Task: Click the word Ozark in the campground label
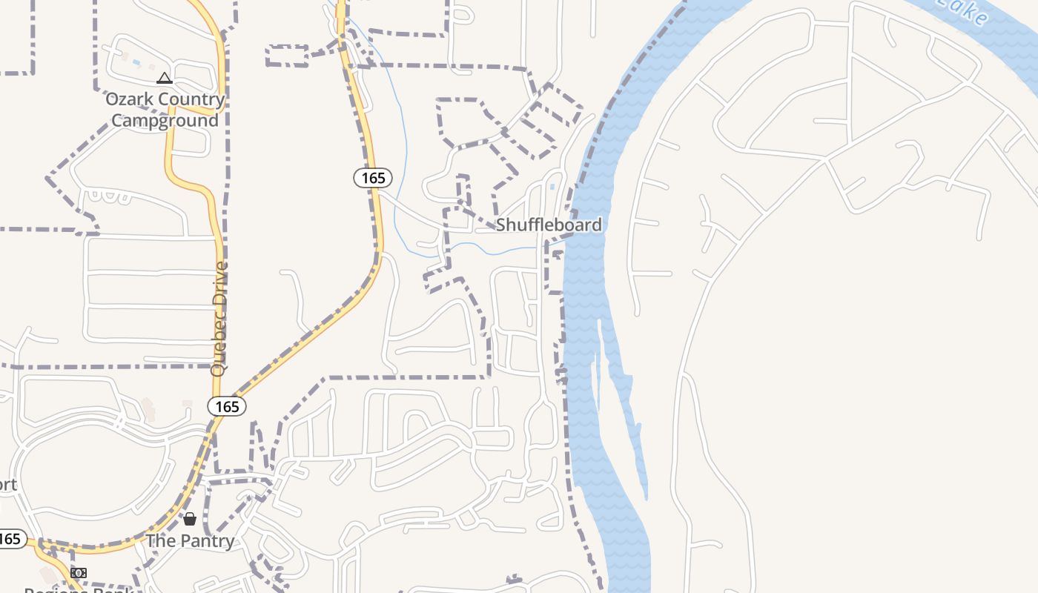click(x=129, y=99)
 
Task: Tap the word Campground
click(x=165, y=121)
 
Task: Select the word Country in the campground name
click(x=191, y=99)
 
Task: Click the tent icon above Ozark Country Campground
click(x=165, y=78)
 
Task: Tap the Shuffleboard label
click(x=548, y=225)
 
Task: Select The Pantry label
click(x=190, y=541)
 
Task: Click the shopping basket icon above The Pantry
click(x=190, y=519)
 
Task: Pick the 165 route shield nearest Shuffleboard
click(x=373, y=178)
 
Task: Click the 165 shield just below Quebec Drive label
click(x=227, y=406)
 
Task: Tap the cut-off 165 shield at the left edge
click(x=11, y=539)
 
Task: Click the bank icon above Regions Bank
click(x=78, y=573)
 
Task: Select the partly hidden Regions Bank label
click(x=78, y=589)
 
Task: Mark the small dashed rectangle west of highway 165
click(x=287, y=56)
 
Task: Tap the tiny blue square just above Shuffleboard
click(x=552, y=187)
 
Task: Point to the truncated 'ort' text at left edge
click(x=7, y=486)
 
